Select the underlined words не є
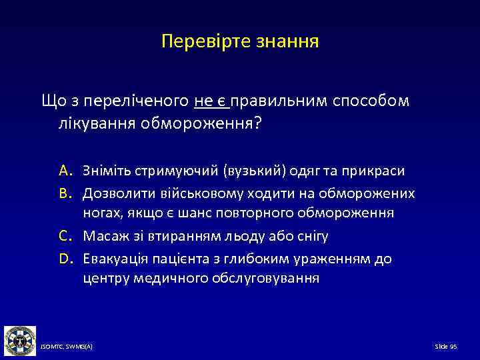tap(211, 101)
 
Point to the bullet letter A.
tap(65, 171)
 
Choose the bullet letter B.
tap(65, 193)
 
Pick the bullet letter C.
tap(65, 236)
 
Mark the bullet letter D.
tap(65, 258)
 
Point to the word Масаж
tap(101, 236)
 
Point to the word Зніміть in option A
tap(104, 171)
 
